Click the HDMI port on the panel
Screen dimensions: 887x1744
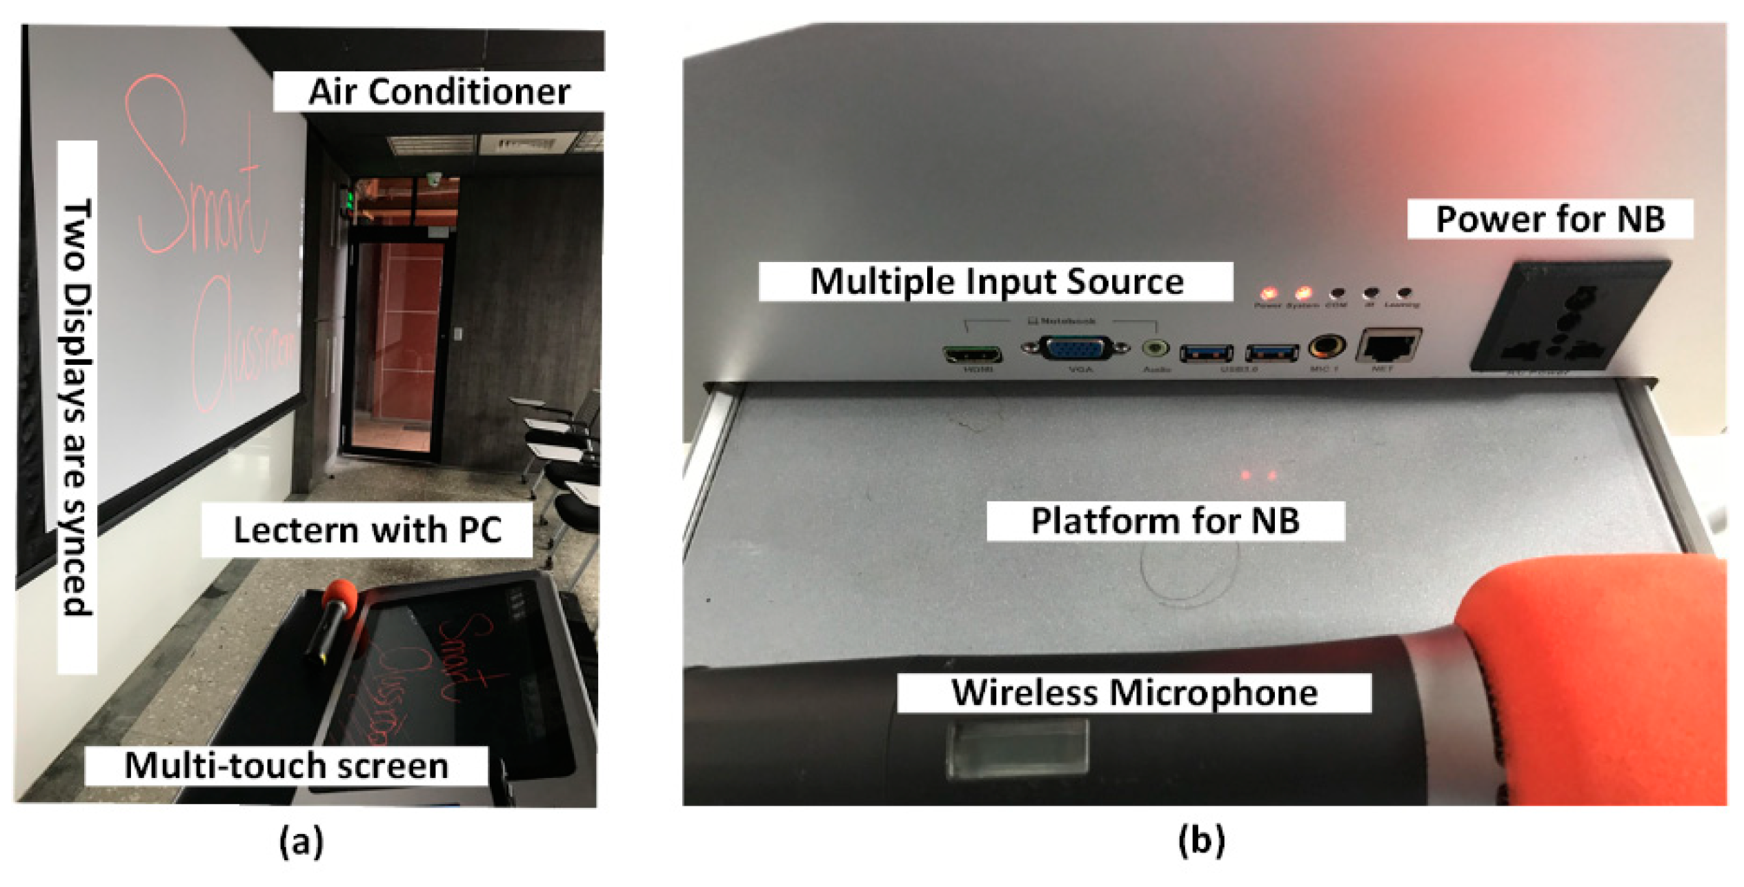[x=973, y=355]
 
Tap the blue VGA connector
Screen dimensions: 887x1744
[x=1074, y=348]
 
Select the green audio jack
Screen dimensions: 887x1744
[x=1156, y=348]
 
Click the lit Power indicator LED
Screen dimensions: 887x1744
[x=1268, y=294]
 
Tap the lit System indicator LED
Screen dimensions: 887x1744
[x=1302, y=294]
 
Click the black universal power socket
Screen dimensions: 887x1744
[x=1570, y=318]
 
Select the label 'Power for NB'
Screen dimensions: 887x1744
[x=1549, y=219]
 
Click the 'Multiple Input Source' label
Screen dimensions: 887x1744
[x=995, y=281]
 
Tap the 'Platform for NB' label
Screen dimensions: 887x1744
[x=1165, y=521]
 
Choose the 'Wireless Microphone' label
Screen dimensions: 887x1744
[x=1133, y=692]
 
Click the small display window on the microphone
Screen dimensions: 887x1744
[x=1017, y=748]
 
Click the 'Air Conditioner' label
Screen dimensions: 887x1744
[x=439, y=91]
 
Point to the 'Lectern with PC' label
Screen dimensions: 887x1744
[x=367, y=530]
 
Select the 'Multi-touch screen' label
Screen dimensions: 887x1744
[x=286, y=766]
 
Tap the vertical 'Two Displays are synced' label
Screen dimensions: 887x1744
[x=77, y=407]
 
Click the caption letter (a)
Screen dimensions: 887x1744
[x=301, y=841]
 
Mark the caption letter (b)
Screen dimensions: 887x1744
[x=1201, y=841]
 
